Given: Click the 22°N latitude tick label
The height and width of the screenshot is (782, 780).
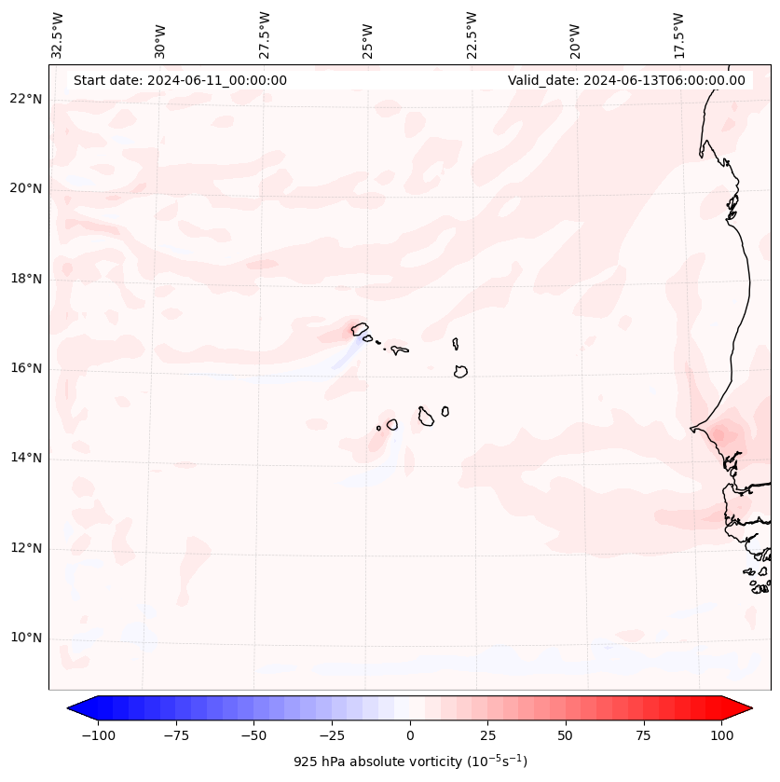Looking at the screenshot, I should [x=26, y=99].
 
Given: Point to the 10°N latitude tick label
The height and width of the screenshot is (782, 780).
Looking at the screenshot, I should [x=26, y=638].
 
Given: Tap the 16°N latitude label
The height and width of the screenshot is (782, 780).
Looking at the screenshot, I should [x=26, y=368].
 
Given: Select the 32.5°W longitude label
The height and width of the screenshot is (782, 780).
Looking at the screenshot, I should [x=58, y=35].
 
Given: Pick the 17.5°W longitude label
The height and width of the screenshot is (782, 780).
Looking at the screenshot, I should [x=679, y=35].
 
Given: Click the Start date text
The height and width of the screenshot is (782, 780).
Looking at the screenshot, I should [x=180, y=80].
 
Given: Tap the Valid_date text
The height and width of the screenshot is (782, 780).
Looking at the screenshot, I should [x=626, y=80].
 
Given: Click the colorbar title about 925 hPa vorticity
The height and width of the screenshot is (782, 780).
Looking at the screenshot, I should [x=410, y=761].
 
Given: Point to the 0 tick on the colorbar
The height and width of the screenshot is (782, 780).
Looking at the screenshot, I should [x=410, y=734].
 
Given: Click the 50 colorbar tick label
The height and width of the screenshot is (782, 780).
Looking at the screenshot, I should [x=566, y=734].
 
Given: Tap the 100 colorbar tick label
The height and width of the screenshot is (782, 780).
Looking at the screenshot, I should [x=721, y=734].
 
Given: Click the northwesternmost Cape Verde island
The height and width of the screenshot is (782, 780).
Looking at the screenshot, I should [x=360, y=328].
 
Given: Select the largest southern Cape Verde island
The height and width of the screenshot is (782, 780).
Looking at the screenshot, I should [x=426, y=417].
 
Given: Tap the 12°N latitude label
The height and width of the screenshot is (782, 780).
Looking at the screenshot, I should [x=26, y=548].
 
